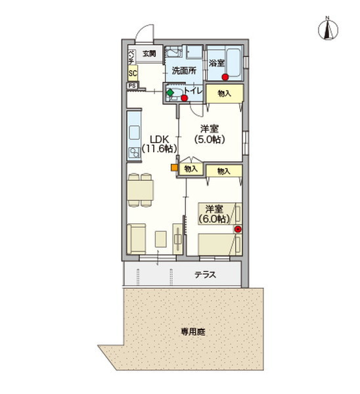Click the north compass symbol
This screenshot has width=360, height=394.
328,29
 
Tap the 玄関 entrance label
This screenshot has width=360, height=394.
149,54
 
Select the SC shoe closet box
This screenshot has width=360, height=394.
133,73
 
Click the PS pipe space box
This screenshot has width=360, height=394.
132,85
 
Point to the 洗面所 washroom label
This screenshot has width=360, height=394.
184,71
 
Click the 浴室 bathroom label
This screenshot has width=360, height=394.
216,63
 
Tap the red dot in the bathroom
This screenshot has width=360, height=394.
225,77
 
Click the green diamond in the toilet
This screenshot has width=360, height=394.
170,93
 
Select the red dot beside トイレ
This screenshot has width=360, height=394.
185,98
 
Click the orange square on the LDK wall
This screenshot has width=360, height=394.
174,167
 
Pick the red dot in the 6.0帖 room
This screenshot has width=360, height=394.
238,229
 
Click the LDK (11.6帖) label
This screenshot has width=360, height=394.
160,144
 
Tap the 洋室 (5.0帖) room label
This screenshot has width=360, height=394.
210,134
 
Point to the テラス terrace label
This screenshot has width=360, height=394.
205,274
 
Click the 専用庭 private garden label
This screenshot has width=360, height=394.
193,332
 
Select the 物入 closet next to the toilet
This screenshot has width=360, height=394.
225,94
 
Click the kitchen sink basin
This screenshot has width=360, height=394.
134,133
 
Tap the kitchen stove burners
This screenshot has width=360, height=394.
134,153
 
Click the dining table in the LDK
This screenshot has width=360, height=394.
141,190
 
